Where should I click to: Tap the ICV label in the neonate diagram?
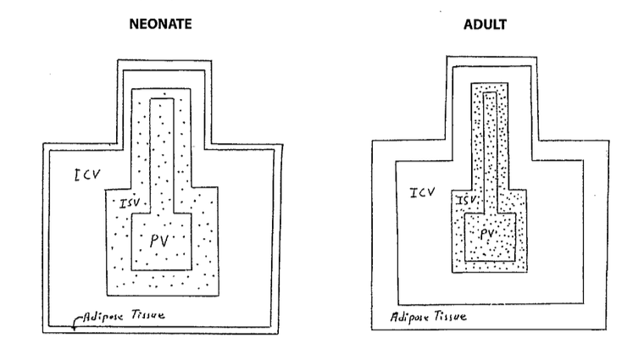point(86,175)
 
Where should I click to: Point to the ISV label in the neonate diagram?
point(130,203)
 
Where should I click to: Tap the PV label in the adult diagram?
point(487,233)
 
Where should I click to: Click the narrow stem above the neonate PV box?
point(163,152)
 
